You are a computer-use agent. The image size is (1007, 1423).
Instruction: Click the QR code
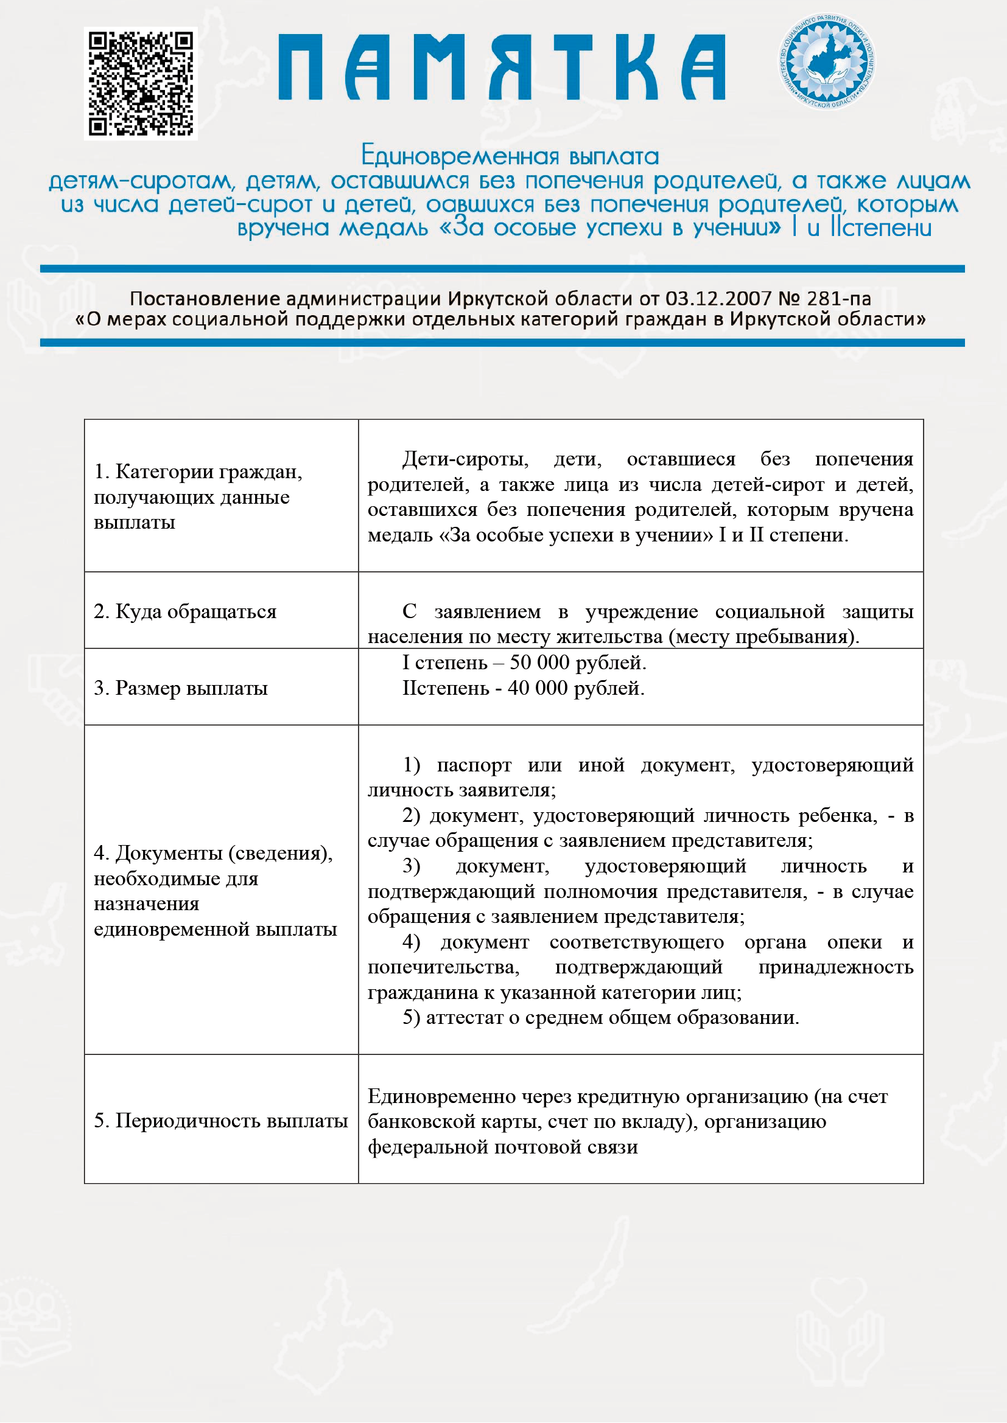point(141,84)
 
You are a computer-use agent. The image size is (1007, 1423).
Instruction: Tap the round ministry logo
point(827,61)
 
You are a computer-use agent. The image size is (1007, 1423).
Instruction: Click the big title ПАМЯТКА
point(502,68)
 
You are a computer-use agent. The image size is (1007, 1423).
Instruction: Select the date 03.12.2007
point(718,299)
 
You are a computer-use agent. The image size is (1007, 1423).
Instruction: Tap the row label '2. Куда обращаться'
point(185,611)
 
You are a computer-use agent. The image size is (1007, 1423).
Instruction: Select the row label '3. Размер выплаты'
point(180,688)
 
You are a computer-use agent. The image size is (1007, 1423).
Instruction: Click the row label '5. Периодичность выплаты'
point(221,1121)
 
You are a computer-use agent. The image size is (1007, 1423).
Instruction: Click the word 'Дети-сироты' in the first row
point(465,459)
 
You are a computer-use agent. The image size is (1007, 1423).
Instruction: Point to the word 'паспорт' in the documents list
point(474,765)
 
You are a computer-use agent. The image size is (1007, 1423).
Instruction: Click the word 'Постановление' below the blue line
point(205,299)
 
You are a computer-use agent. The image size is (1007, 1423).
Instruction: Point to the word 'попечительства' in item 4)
point(443,967)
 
